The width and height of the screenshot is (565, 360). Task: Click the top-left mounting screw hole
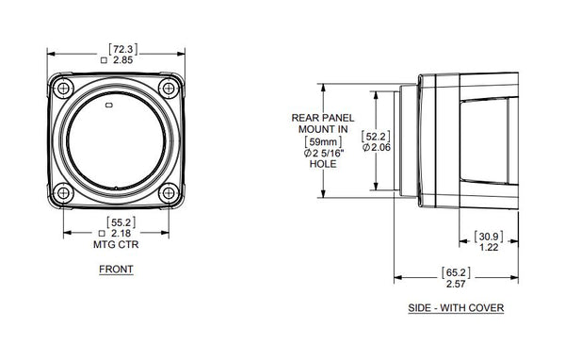(62, 90)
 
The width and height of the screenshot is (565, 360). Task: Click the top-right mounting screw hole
(169, 90)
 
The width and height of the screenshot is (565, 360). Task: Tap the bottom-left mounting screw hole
(62, 193)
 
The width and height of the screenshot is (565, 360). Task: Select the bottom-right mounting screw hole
(169, 193)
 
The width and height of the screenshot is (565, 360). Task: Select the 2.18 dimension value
(120, 232)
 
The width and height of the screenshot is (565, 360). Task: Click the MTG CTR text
(116, 244)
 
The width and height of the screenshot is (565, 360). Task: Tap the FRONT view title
(116, 270)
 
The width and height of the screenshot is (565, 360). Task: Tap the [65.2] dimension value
(456, 271)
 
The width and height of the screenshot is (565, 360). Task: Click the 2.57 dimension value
(456, 284)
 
